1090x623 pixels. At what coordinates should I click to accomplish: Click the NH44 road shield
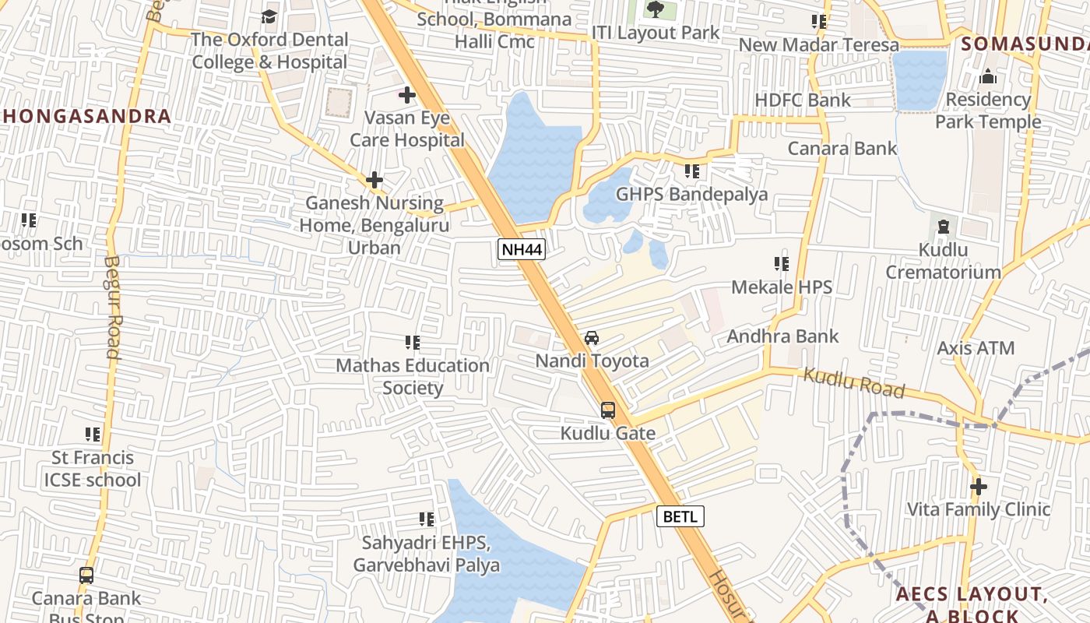pos(522,249)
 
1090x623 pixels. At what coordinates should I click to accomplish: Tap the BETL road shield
pos(680,516)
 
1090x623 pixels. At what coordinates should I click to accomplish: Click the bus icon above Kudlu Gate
pos(608,410)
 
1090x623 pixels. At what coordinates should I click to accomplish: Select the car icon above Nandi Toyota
pos(592,338)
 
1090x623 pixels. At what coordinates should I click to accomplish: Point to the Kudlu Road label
pos(854,383)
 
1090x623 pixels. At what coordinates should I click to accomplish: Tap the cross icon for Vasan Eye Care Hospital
pos(406,96)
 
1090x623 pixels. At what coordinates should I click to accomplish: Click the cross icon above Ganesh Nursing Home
pos(374,180)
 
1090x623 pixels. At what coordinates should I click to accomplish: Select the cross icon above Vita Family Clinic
pos(979,487)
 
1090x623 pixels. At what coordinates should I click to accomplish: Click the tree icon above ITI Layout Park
pos(655,10)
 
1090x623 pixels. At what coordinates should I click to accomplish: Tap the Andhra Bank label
pos(782,336)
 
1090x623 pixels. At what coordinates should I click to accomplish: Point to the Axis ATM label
pos(976,348)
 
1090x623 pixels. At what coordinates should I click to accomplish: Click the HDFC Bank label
pos(803,100)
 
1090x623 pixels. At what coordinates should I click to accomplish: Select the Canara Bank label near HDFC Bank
pos(842,148)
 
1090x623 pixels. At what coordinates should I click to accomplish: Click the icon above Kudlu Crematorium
pos(944,227)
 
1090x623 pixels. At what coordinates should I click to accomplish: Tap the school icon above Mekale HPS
pos(782,264)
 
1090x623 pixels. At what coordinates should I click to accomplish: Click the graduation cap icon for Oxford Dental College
pos(269,16)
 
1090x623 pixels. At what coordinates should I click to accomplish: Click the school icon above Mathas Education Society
pos(413,342)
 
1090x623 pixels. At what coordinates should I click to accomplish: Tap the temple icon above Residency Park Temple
pos(988,76)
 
